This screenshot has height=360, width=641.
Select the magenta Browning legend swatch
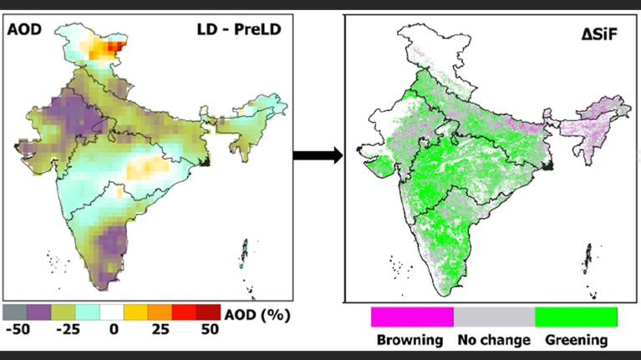(x=412, y=317)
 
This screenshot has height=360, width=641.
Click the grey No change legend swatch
(x=494, y=317)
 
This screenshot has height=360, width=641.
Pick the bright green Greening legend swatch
(x=576, y=317)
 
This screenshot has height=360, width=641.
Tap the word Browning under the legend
(x=410, y=340)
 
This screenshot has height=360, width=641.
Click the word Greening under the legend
(x=576, y=340)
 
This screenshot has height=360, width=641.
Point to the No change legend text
(x=494, y=340)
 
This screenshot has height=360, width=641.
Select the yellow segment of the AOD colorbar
(x=135, y=312)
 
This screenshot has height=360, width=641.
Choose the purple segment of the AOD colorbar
(x=38, y=312)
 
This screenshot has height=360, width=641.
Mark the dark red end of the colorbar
(x=208, y=312)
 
